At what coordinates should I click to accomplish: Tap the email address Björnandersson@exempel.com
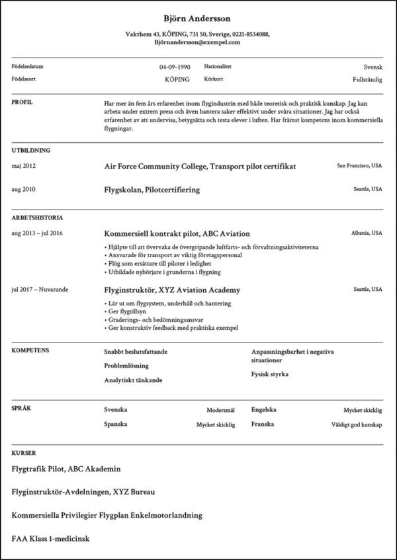click(x=197, y=42)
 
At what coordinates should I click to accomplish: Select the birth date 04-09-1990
click(x=175, y=67)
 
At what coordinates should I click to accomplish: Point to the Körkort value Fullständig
click(x=367, y=79)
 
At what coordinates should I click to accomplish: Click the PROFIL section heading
click(x=22, y=102)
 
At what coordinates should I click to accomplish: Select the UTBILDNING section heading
click(x=30, y=150)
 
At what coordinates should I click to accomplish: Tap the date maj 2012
click(x=24, y=166)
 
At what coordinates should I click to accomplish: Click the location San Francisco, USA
click(x=359, y=165)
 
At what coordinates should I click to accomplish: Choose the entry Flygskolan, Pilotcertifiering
click(x=152, y=190)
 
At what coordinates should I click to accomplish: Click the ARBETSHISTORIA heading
click(x=37, y=217)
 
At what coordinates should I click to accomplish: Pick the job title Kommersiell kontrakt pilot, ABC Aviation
click(x=177, y=233)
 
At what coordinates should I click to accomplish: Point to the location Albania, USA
click(x=367, y=233)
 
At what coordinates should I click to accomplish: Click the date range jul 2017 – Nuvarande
click(x=40, y=290)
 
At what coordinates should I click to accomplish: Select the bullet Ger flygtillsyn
click(x=126, y=311)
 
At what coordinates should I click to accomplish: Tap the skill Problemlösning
click(x=126, y=366)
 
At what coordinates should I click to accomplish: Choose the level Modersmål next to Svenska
click(x=220, y=410)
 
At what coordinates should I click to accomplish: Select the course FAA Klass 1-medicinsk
click(x=50, y=539)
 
